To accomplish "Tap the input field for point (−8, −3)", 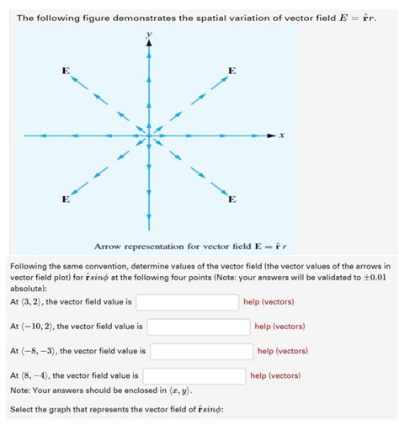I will pos(201,351).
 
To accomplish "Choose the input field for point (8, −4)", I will pos(194,375).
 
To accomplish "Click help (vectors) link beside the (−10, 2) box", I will pos(279,326).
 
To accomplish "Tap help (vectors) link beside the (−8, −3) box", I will pos(283,351).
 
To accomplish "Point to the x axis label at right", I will pos(282,135).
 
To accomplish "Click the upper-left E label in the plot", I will pos(65,70).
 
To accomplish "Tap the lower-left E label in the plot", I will pos(65,199).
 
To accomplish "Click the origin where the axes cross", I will pos(149,135).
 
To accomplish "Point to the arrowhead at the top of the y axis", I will pos(149,46).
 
